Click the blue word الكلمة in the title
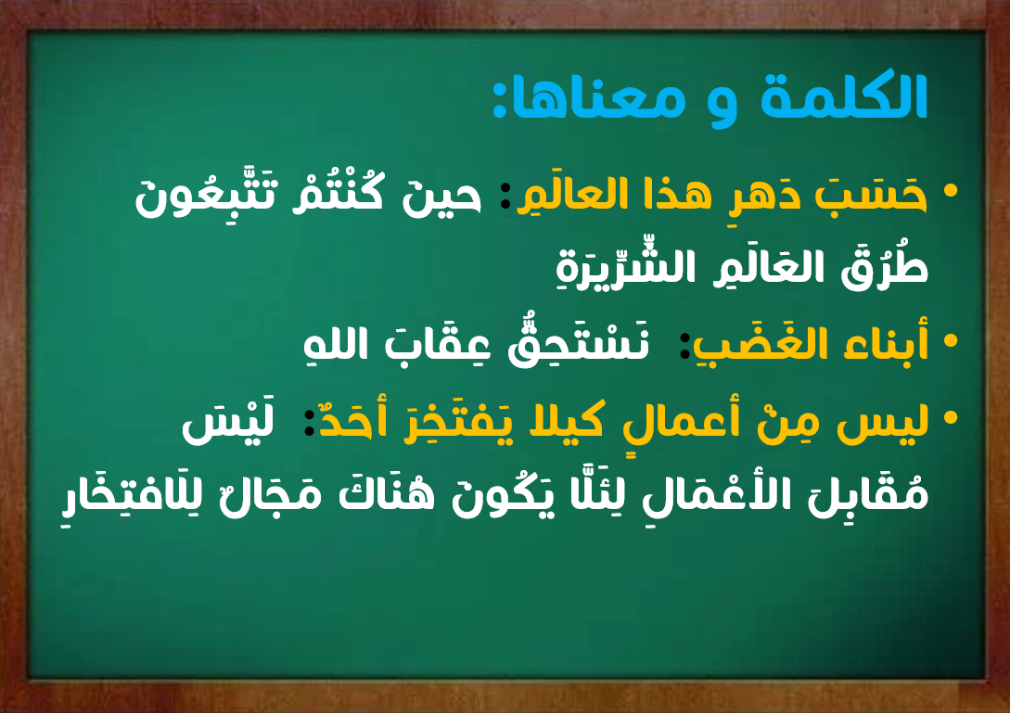coord(844,96)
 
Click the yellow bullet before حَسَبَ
coord(950,191)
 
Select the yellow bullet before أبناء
coord(950,340)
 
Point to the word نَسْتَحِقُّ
coord(578,344)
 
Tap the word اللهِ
coord(336,343)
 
